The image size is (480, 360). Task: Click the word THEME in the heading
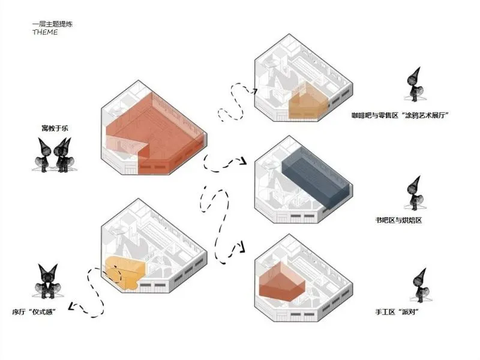coord(45,32)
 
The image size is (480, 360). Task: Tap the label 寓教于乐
coord(52,128)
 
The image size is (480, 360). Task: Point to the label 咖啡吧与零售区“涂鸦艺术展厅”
coord(401,115)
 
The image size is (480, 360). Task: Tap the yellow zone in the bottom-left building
coord(126,272)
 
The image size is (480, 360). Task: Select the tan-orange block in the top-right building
coord(307,102)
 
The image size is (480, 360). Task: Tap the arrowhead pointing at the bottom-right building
coord(245,246)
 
